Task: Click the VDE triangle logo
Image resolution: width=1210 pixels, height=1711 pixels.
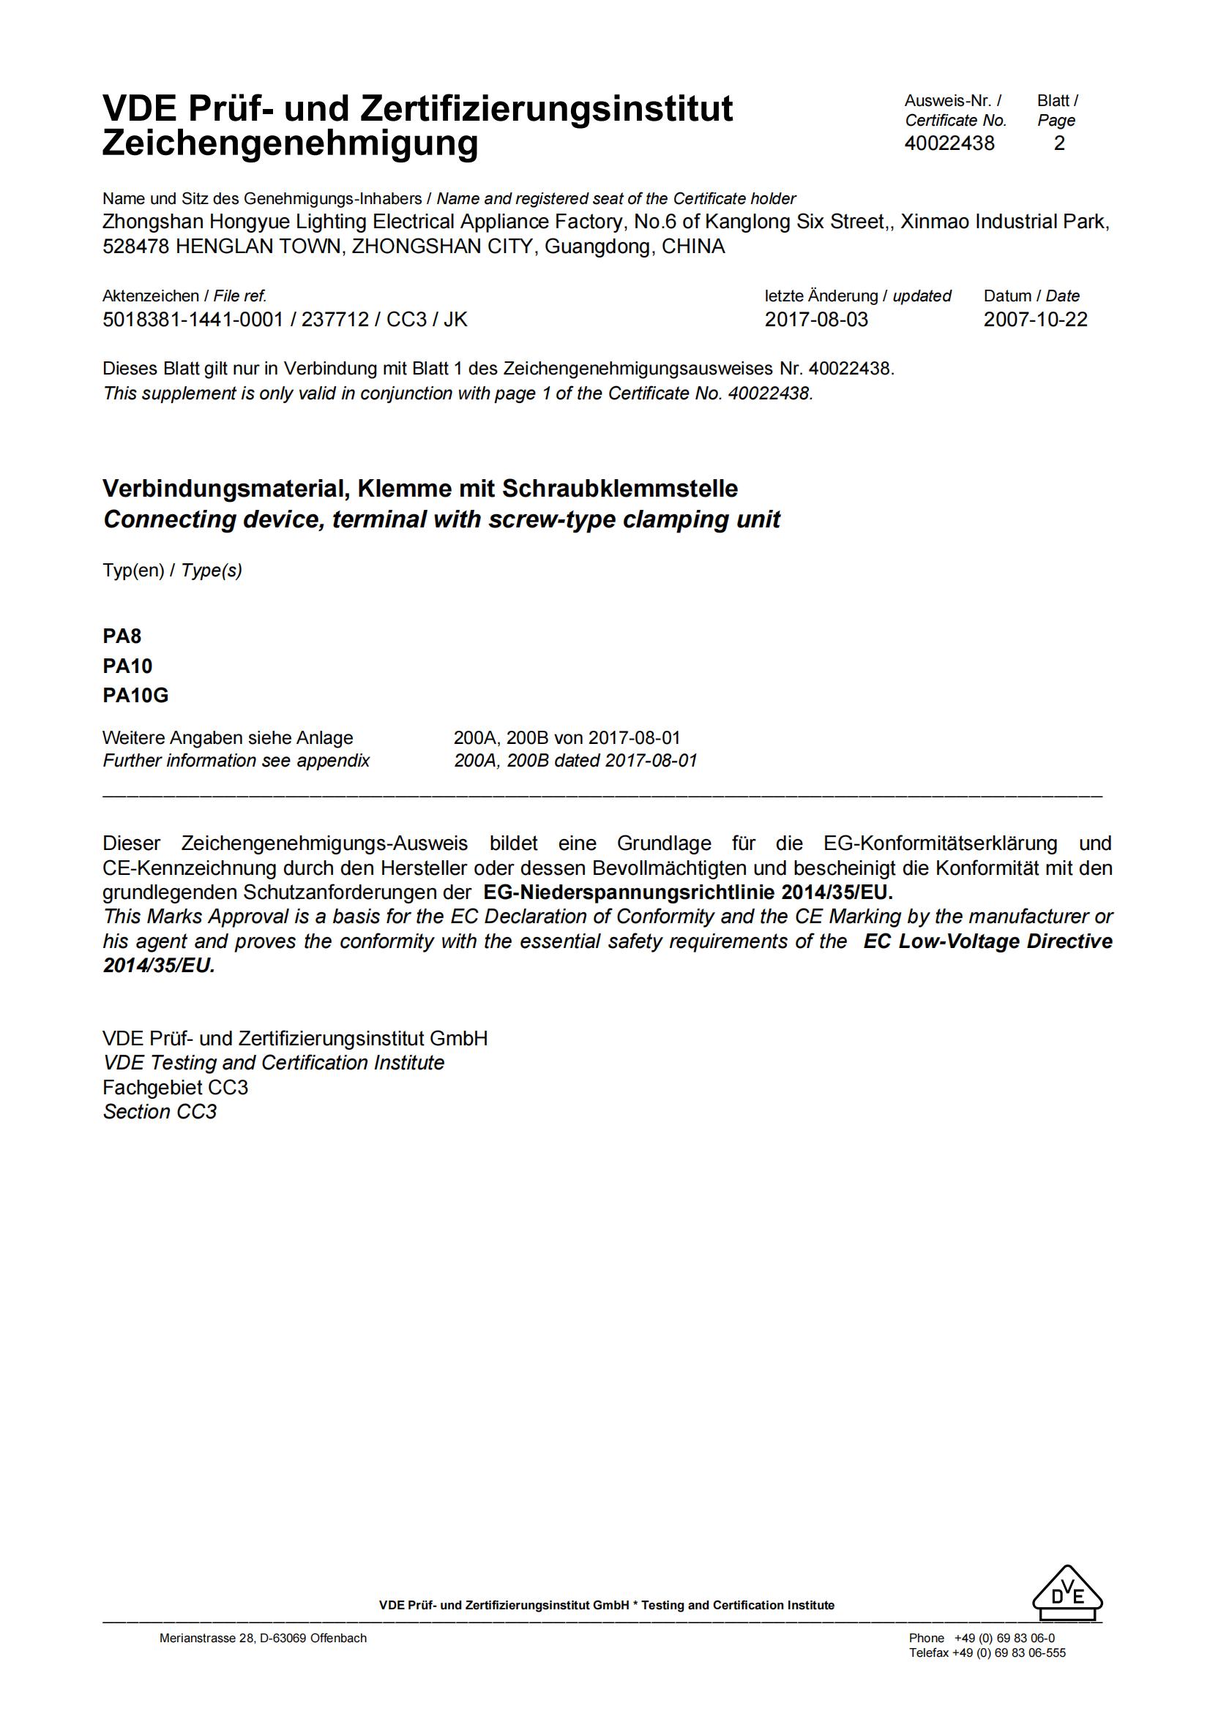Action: [1067, 1595]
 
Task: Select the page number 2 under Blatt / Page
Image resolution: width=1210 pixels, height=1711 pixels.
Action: [1058, 144]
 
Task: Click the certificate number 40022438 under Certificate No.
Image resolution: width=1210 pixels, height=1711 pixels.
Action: [949, 144]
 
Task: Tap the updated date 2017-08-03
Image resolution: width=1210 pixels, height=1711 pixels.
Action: [816, 320]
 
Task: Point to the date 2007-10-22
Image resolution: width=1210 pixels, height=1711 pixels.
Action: [1035, 320]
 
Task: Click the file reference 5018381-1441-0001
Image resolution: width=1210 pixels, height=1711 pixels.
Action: [193, 320]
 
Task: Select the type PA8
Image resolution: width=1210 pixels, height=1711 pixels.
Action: [122, 636]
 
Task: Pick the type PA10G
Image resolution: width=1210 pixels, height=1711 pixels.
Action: [135, 695]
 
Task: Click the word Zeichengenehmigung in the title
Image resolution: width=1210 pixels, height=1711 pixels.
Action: [290, 143]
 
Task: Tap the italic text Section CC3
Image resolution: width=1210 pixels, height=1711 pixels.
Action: [160, 1112]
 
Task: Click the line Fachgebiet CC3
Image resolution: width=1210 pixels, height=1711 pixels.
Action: [175, 1087]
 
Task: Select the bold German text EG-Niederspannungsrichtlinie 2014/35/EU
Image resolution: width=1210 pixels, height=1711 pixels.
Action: [687, 892]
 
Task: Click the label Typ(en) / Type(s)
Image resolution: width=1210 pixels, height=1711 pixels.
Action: [172, 571]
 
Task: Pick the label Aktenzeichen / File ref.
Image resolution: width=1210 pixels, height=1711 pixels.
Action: [184, 296]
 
